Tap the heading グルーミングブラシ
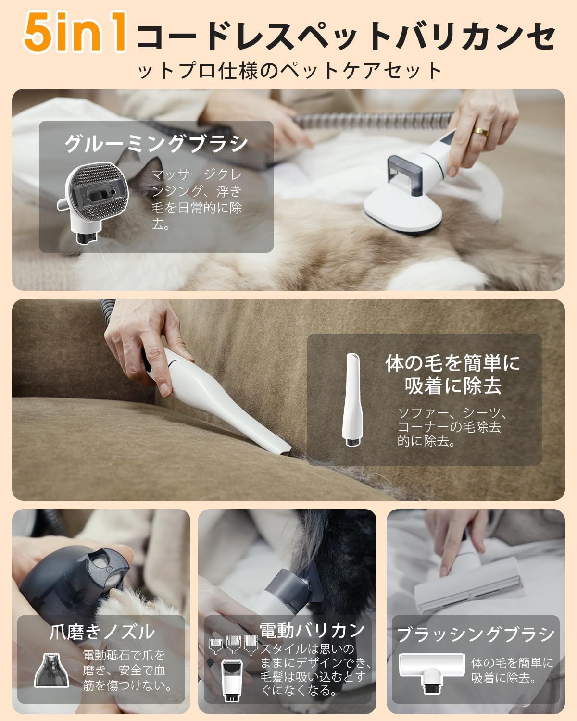click(156, 144)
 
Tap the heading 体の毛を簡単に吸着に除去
click(452, 374)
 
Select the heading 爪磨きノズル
click(102, 632)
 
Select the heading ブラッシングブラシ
click(476, 634)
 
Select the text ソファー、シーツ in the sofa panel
click(452, 413)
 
